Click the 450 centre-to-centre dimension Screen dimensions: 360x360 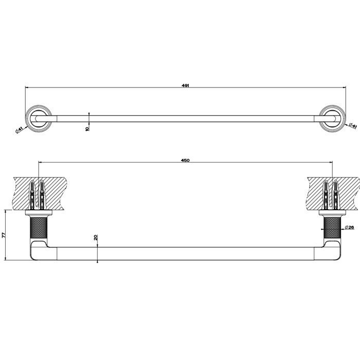pyautogui.click(x=186, y=160)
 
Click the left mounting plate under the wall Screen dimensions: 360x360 pyautogui.click(x=39, y=212)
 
